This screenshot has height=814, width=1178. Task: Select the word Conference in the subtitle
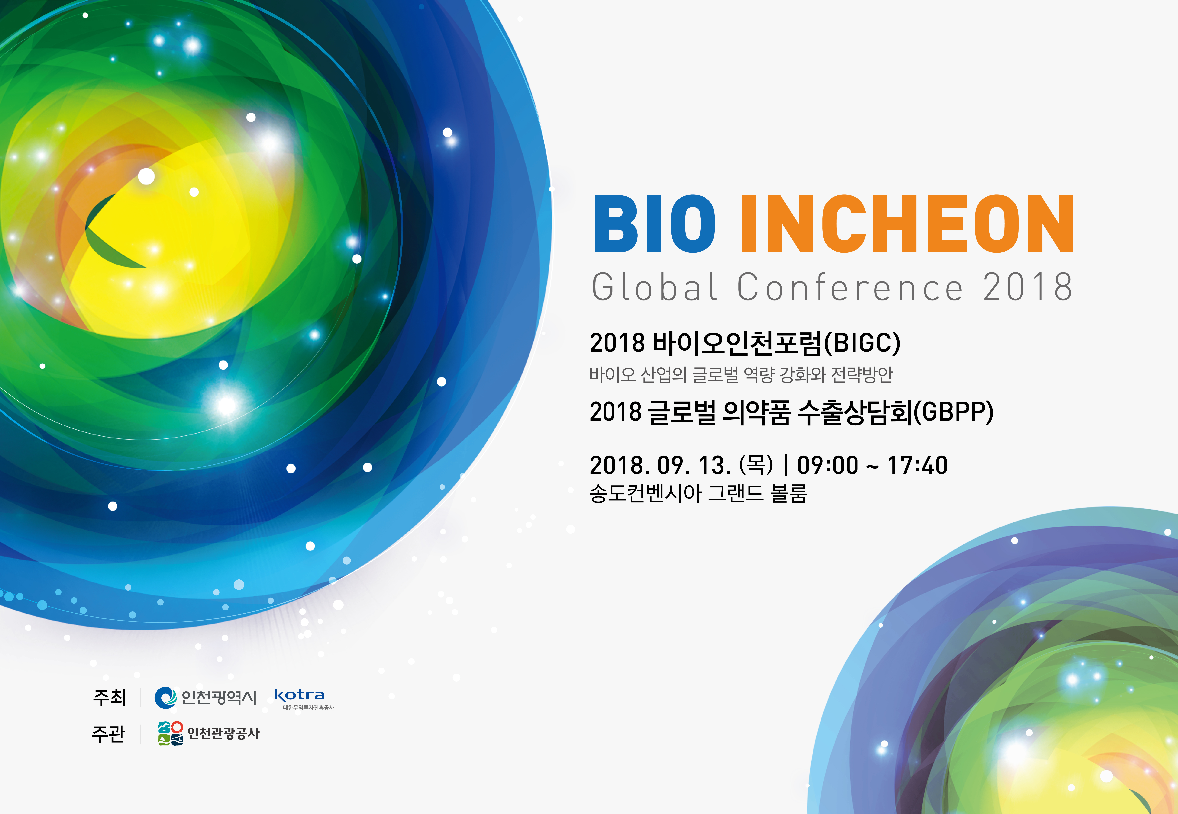coord(850,287)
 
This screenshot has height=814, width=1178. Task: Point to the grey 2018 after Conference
coord(1027,287)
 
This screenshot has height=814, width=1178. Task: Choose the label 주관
coord(108,733)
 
